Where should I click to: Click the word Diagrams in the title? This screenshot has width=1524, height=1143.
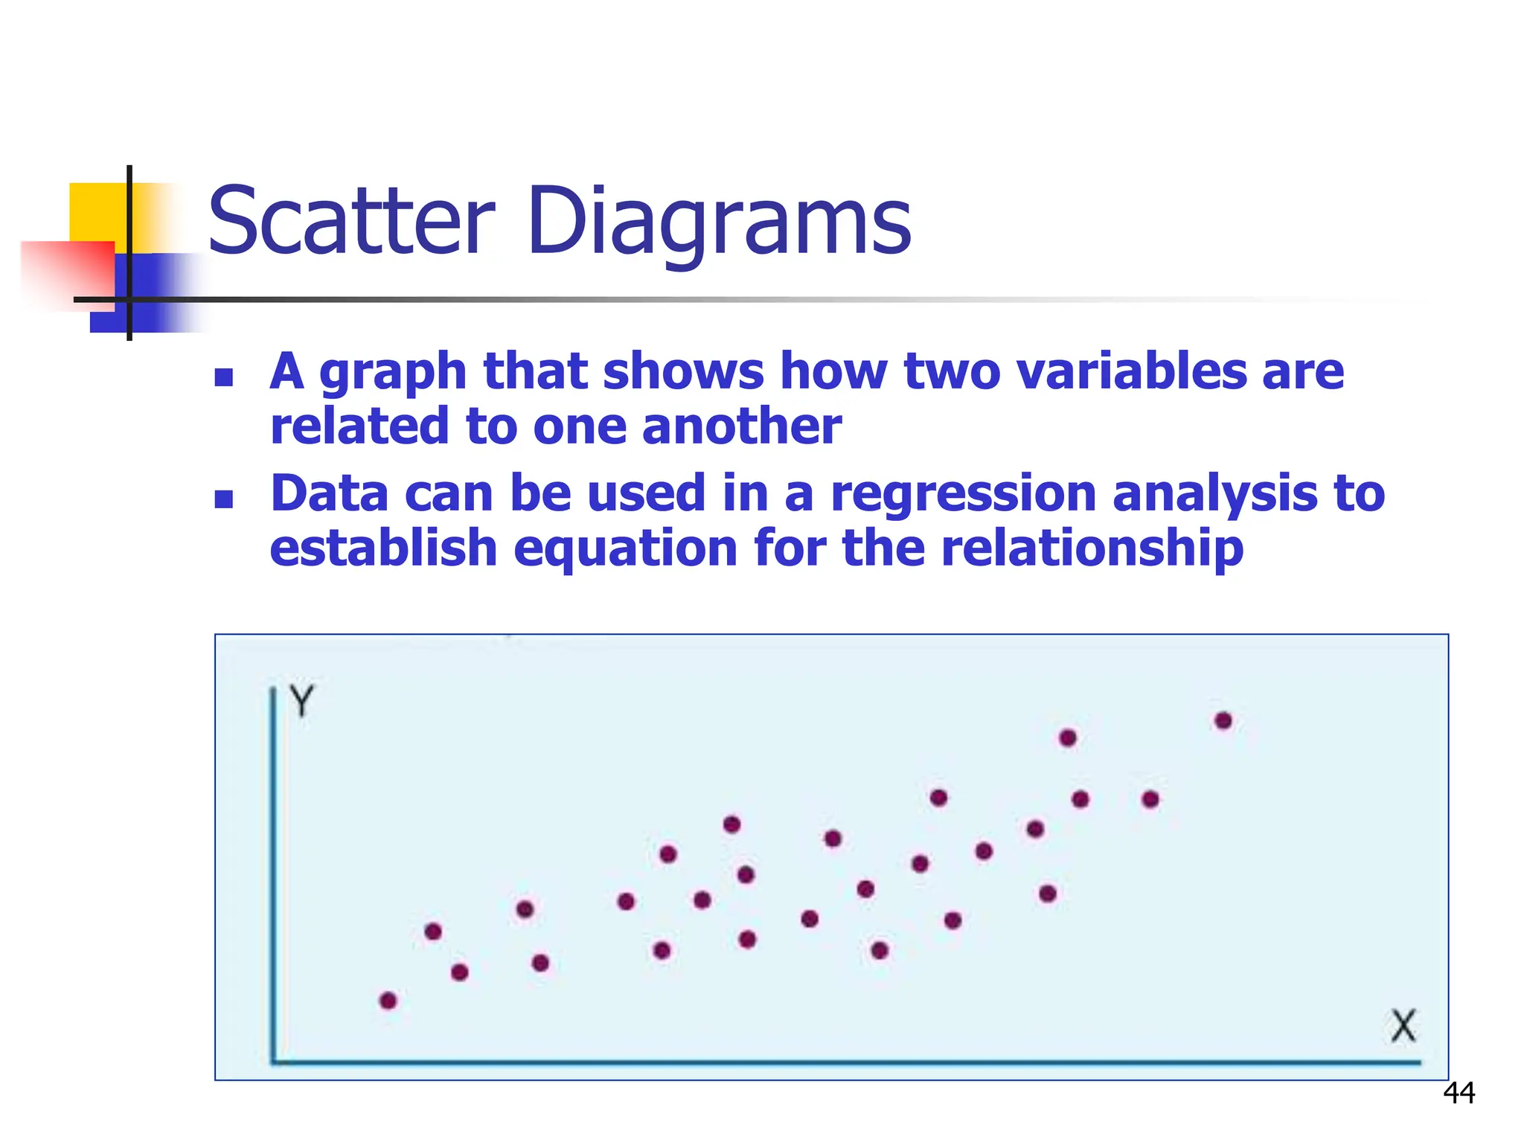pos(718,222)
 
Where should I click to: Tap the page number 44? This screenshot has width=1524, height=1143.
pos(1459,1093)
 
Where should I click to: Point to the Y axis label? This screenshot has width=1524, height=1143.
pos(302,701)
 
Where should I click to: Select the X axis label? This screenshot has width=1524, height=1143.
pos(1403,1026)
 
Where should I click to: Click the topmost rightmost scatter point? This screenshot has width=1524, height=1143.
pos(1223,720)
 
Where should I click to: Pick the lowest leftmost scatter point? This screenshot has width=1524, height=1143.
pos(388,1000)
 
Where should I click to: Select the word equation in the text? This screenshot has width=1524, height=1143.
pos(625,548)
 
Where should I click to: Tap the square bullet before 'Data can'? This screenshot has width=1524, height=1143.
pos(224,499)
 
